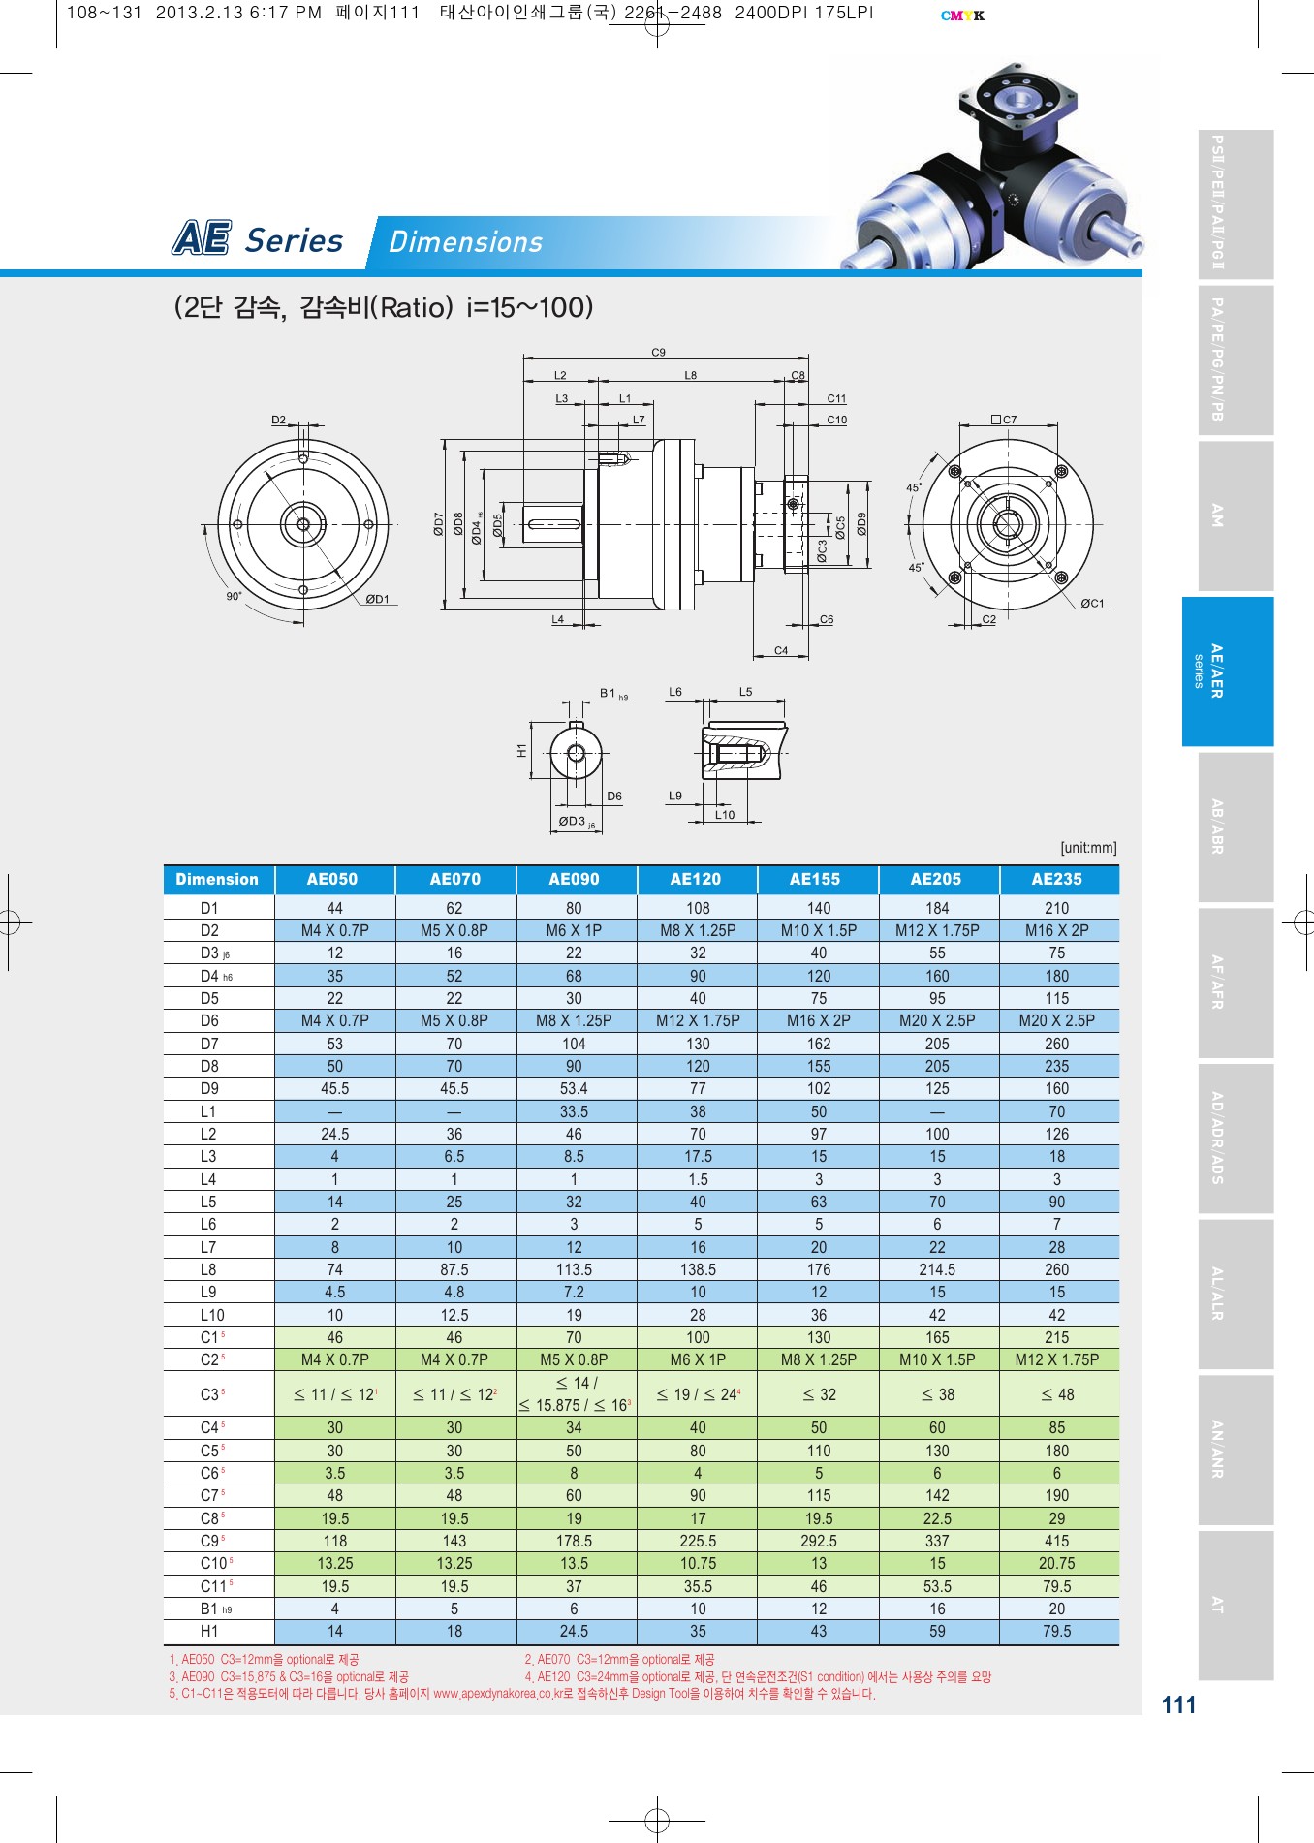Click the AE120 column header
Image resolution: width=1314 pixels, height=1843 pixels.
click(x=696, y=879)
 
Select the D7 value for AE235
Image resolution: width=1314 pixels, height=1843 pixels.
click(x=1056, y=1044)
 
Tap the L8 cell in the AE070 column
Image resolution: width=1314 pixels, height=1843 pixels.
click(x=454, y=1269)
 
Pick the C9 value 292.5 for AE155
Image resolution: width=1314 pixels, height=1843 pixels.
click(x=819, y=1541)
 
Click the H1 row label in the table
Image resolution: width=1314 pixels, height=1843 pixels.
click(x=209, y=1631)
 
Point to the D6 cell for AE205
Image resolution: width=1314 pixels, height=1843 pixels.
click(x=937, y=1020)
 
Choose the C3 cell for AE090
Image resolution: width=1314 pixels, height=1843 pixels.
click(x=576, y=1394)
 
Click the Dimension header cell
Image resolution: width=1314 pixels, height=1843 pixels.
click(x=217, y=879)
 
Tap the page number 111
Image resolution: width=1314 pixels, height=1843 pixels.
click(x=1178, y=1704)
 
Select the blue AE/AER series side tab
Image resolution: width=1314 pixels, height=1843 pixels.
click(x=1227, y=671)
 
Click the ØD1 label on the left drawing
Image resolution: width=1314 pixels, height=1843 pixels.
click(x=377, y=599)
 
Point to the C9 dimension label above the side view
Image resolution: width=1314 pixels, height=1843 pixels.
click(x=658, y=353)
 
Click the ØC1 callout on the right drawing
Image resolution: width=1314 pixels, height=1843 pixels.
click(x=1092, y=603)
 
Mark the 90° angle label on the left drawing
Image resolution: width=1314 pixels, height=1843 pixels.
click(x=234, y=596)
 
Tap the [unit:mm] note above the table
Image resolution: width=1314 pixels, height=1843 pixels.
click(x=1088, y=848)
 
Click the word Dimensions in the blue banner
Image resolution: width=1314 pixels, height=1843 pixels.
click(x=465, y=242)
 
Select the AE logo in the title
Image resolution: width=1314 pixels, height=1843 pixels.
click(x=202, y=238)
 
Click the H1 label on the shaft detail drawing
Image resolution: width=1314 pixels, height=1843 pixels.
click(x=521, y=750)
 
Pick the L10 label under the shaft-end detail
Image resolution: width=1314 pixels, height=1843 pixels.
click(x=725, y=815)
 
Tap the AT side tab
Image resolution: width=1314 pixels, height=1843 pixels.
click(x=1236, y=1604)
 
